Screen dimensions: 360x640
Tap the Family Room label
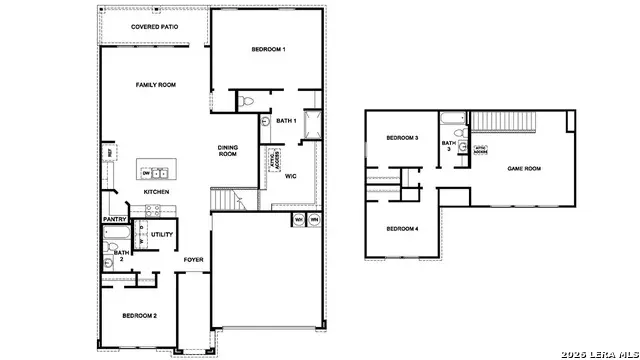tap(156, 85)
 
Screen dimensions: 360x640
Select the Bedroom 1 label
tap(268, 50)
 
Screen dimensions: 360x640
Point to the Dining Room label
tap(228, 151)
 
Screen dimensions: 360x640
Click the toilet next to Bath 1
tap(247, 100)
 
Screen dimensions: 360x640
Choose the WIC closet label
tap(290, 176)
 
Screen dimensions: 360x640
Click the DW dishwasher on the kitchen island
tap(146, 172)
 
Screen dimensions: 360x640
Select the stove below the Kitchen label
tap(154, 210)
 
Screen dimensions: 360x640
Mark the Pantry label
tap(114, 220)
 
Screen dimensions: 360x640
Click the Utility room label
tap(163, 234)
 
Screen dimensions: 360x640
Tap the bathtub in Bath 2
tap(112, 237)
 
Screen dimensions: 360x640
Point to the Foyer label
tap(193, 259)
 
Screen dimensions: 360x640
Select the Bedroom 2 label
tap(139, 316)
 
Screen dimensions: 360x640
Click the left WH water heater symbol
tap(299, 218)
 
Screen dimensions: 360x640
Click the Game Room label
tap(524, 169)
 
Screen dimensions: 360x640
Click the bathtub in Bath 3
tap(455, 130)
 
